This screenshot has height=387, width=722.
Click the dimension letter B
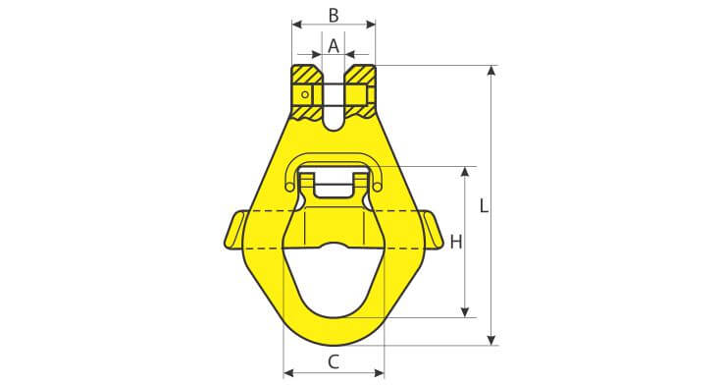tap(334, 15)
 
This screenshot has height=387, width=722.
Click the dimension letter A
tap(334, 46)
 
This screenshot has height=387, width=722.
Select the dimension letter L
tap(484, 205)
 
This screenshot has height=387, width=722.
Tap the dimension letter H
tap(456, 242)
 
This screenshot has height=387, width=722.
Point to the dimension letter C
tap(334, 362)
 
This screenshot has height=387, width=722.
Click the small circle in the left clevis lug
tap(305, 94)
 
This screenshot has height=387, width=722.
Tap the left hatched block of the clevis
tap(307, 91)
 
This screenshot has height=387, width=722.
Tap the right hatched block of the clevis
tap(361, 91)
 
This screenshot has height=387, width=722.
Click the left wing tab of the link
tap(234, 230)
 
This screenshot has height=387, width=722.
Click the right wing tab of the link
tap(432, 230)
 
